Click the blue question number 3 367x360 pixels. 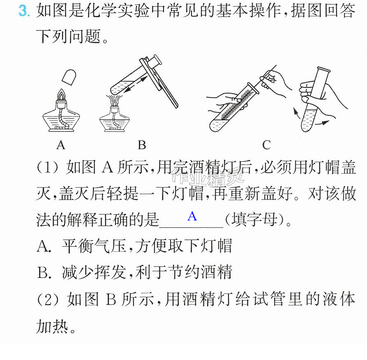(x=24, y=11)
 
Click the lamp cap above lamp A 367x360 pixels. (x=69, y=77)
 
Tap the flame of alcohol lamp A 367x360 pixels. (x=61, y=94)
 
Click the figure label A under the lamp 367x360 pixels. (x=61, y=145)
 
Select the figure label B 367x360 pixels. (x=142, y=145)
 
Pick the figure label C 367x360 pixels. (x=266, y=145)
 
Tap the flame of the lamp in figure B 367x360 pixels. (x=114, y=101)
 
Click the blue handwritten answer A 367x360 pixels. (x=192, y=216)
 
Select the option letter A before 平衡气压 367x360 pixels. (x=44, y=246)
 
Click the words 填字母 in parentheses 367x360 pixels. (x=254, y=220)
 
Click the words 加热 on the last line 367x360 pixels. (x=52, y=326)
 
